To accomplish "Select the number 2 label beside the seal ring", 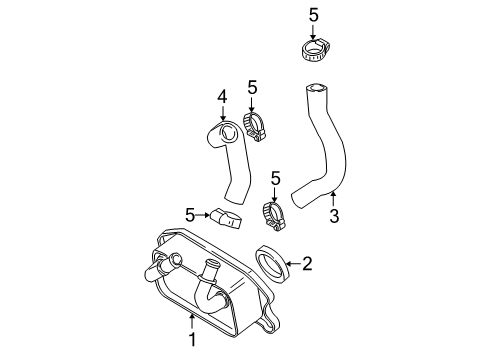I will [x=307, y=264].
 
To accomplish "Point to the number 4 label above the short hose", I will [x=223, y=96].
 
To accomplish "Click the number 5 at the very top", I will [x=313, y=14].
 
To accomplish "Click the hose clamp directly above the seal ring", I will [x=276, y=213].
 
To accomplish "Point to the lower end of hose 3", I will [x=299, y=194].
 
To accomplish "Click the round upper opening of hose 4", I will [x=225, y=132].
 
